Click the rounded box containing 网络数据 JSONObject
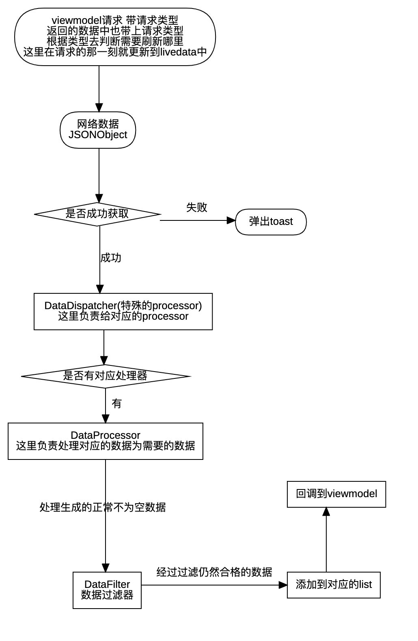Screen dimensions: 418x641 98,130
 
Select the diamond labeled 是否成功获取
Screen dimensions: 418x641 97,214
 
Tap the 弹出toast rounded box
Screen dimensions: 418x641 271,222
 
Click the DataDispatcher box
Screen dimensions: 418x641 123,311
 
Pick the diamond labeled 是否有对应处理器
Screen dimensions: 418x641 105,376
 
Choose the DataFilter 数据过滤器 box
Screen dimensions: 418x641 107,590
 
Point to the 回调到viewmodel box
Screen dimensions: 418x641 336,494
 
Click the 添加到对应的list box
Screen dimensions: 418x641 334,585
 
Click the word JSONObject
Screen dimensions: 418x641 98,135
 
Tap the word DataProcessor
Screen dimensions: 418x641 106,435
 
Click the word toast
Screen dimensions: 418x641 281,222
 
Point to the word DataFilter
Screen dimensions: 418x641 107,584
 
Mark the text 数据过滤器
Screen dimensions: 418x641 107,595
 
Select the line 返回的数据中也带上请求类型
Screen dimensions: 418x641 115,31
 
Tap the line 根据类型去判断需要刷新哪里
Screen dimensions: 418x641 115,41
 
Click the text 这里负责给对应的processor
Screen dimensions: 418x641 123,316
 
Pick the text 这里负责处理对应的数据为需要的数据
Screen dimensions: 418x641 106,446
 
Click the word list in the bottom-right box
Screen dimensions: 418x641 366,585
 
